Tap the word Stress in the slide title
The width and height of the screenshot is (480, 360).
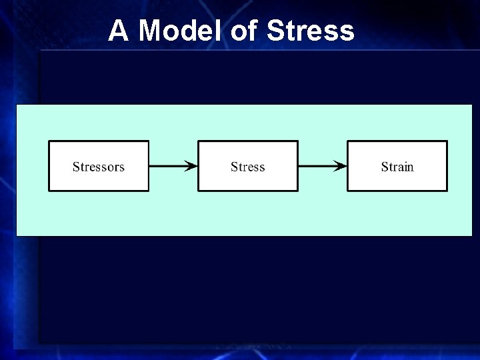(310, 31)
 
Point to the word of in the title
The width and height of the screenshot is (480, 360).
(245, 31)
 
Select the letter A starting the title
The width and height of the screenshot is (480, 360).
(118, 31)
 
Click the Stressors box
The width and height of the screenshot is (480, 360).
(99, 166)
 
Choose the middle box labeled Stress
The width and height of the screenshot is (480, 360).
(248, 166)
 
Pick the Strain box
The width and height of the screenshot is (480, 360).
(397, 166)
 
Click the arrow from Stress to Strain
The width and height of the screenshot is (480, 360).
(323, 166)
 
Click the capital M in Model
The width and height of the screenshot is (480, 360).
(151, 31)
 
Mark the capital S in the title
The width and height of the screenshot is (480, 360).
(275, 31)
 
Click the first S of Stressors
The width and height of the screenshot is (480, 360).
(76, 167)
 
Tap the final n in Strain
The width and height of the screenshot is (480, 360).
(410, 167)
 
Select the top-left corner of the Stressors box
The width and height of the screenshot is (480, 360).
(49, 141)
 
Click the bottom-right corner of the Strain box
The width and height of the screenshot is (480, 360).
(447, 190)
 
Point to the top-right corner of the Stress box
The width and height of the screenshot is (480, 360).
(297, 141)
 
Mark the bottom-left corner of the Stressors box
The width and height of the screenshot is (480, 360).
(49, 190)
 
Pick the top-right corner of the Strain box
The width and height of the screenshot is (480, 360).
(447, 141)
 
